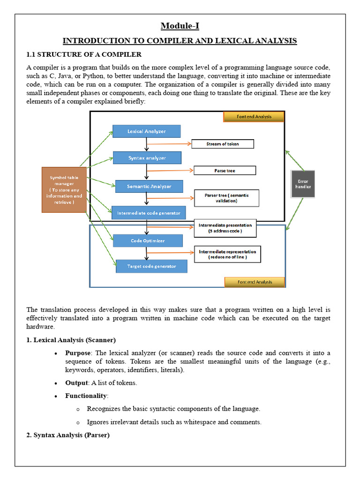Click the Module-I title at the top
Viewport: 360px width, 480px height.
click(x=180, y=26)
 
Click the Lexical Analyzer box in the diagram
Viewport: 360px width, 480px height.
click(x=146, y=131)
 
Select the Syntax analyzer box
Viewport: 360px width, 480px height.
click(x=147, y=158)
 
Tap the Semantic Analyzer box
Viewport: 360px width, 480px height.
click(x=149, y=187)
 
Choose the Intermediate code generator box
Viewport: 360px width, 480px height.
click(x=149, y=213)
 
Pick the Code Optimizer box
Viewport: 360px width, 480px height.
click(x=148, y=241)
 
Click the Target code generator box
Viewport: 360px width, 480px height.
click(x=151, y=266)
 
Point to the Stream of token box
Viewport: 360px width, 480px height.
click(x=222, y=144)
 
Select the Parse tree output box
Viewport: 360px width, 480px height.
click(x=225, y=171)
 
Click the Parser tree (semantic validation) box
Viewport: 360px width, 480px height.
click(x=227, y=198)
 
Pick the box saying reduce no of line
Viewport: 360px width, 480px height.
click(x=227, y=254)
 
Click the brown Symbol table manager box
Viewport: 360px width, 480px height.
click(x=64, y=189)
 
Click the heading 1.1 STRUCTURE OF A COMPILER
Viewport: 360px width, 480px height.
click(x=84, y=55)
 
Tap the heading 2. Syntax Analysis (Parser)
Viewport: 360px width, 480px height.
click(x=68, y=435)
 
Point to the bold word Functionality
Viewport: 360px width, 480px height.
click(x=86, y=396)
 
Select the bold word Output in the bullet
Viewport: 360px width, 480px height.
click(x=76, y=382)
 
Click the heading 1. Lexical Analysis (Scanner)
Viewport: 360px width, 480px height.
click(x=71, y=339)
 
